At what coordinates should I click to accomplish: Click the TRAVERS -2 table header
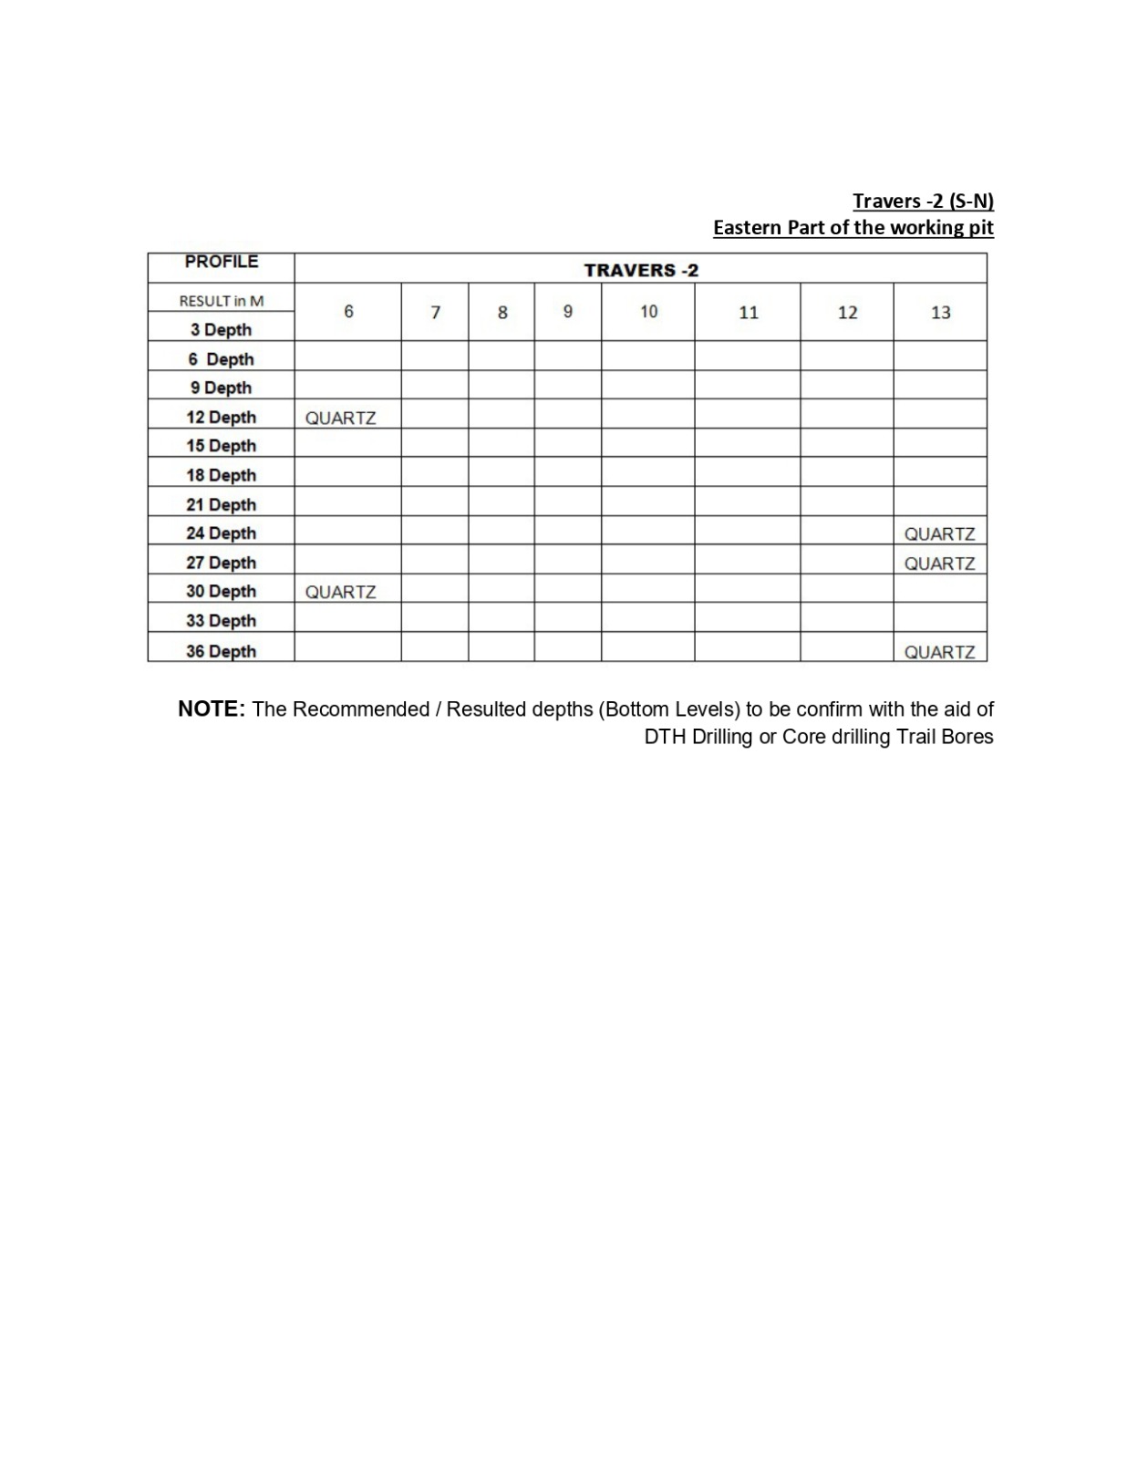[x=640, y=270]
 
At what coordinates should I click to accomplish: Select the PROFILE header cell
[x=221, y=262]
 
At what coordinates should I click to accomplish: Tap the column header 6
[x=348, y=312]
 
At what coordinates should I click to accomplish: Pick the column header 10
[x=648, y=312]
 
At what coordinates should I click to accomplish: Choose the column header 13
[x=940, y=313]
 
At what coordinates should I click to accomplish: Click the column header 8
[x=501, y=313]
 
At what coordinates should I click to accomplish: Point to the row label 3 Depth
[x=221, y=329]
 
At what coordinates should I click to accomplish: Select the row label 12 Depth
[x=221, y=417]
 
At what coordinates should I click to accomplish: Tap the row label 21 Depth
[x=221, y=504]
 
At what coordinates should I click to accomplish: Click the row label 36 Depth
[x=221, y=651]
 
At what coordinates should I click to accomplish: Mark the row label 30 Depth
[x=221, y=591]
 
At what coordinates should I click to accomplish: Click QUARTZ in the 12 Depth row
[x=340, y=418]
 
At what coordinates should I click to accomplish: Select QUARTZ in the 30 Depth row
[x=340, y=592]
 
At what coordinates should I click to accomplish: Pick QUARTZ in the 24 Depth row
[x=939, y=533]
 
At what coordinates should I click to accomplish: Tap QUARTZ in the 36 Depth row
[x=939, y=652]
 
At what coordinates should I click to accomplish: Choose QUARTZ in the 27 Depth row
[x=939, y=564]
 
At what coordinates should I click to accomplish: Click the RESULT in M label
[x=221, y=301]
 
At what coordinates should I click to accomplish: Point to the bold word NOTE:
[x=211, y=709]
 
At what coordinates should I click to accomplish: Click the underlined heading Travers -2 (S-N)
[x=923, y=201]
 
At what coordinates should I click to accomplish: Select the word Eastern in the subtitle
[x=747, y=227]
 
